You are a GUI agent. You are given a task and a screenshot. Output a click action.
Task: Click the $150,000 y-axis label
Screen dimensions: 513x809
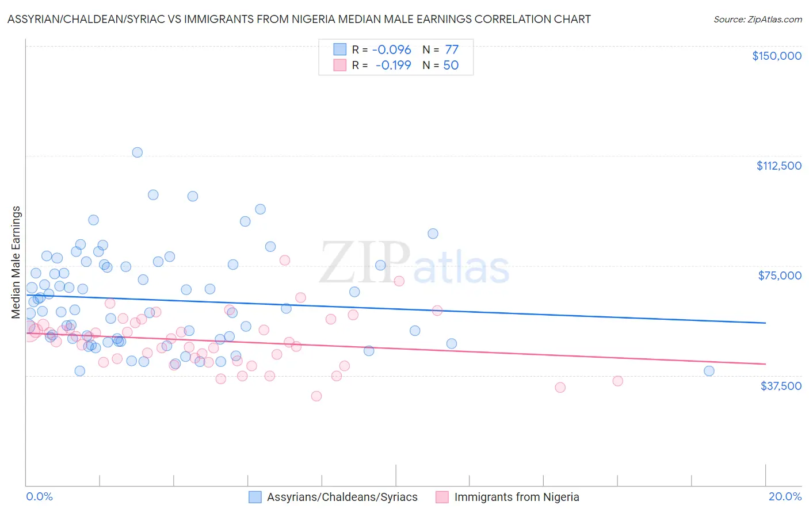[776, 56]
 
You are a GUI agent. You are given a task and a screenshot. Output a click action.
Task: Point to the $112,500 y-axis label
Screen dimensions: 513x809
[779, 166]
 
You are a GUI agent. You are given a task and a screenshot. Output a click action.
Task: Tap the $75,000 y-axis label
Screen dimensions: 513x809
[780, 275]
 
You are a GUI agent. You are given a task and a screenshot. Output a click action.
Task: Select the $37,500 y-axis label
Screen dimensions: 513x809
[780, 386]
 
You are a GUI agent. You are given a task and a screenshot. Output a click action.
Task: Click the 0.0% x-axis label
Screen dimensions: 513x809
[39, 496]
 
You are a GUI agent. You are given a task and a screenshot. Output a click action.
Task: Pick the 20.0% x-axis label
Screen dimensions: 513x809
[785, 496]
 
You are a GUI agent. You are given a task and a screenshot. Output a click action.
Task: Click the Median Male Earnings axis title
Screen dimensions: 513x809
[16, 262]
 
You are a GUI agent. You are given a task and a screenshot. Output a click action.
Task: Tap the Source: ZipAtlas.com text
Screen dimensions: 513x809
[757, 20]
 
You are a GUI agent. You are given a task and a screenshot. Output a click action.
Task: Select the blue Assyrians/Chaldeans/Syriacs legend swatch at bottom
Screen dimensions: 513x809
[255, 497]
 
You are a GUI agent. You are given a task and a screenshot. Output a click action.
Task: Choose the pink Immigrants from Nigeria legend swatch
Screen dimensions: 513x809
[442, 497]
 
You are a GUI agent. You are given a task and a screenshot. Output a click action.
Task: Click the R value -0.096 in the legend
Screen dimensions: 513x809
[391, 50]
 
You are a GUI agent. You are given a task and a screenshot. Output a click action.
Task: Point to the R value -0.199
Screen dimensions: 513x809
[393, 66]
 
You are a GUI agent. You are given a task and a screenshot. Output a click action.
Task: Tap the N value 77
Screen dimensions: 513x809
[451, 50]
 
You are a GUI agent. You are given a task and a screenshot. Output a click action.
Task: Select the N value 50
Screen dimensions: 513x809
[451, 66]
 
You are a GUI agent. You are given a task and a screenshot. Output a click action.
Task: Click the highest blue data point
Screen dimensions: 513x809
[138, 152]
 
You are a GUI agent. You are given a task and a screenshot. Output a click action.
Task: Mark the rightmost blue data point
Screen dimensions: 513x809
[709, 371]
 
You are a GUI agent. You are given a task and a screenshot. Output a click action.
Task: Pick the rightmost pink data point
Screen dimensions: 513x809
[617, 381]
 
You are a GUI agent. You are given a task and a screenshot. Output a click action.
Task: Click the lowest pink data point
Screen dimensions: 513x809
[316, 396]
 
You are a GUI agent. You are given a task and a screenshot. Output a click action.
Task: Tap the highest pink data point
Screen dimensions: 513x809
[284, 260]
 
